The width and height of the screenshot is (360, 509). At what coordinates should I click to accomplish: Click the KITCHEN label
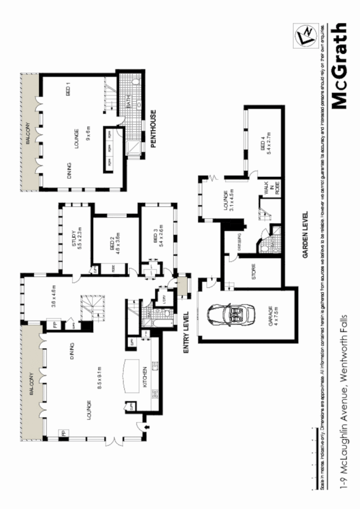(x=145, y=377)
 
